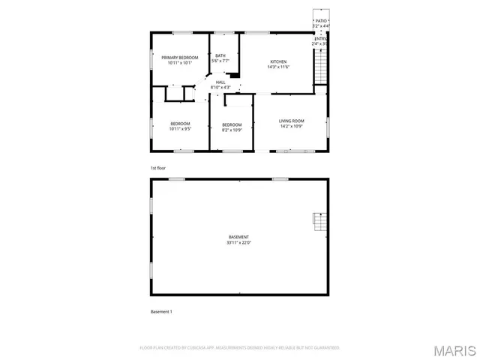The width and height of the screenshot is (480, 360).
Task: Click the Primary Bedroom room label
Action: pyautogui.click(x=180, y=58)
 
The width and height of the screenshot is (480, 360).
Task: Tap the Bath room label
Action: pyautogui.click(x=220, y=55)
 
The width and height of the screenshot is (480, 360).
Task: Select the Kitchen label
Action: pyautogui.click(x=278, y=61)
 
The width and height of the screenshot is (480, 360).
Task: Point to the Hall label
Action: pyautogui.click(x=220, y=82)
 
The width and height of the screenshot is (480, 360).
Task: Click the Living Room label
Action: pyautogui.click(x=291, y=121)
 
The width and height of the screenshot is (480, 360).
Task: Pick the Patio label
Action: pyautogui.click(x=321, y=21)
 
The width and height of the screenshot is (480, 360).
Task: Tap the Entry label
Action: pyautogui.click(x=321, y=38)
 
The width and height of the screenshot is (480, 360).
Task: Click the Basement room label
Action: pyautogui.click(x=238, y=237)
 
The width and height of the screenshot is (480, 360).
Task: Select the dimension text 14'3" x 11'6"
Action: pyautogui.click(x=278, y=67)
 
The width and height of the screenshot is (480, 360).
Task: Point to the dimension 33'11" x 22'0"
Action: pyautogui.click(x=238, y=243)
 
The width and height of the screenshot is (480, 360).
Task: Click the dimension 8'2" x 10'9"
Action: pyautogui.click(x=231, y=130)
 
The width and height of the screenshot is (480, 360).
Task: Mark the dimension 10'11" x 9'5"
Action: pyautogui.click(x=180, y=129)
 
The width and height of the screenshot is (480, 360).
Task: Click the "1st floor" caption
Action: pyautogui.click(x=157, y=167)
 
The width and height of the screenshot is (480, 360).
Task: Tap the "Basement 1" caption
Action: pyautogui.click(x=161, y=310)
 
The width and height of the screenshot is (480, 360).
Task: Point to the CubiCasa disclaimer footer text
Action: pyautogui.click(x=240, y=348)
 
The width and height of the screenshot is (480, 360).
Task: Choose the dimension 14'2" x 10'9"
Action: pyautogui.click(x=291, y=127)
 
